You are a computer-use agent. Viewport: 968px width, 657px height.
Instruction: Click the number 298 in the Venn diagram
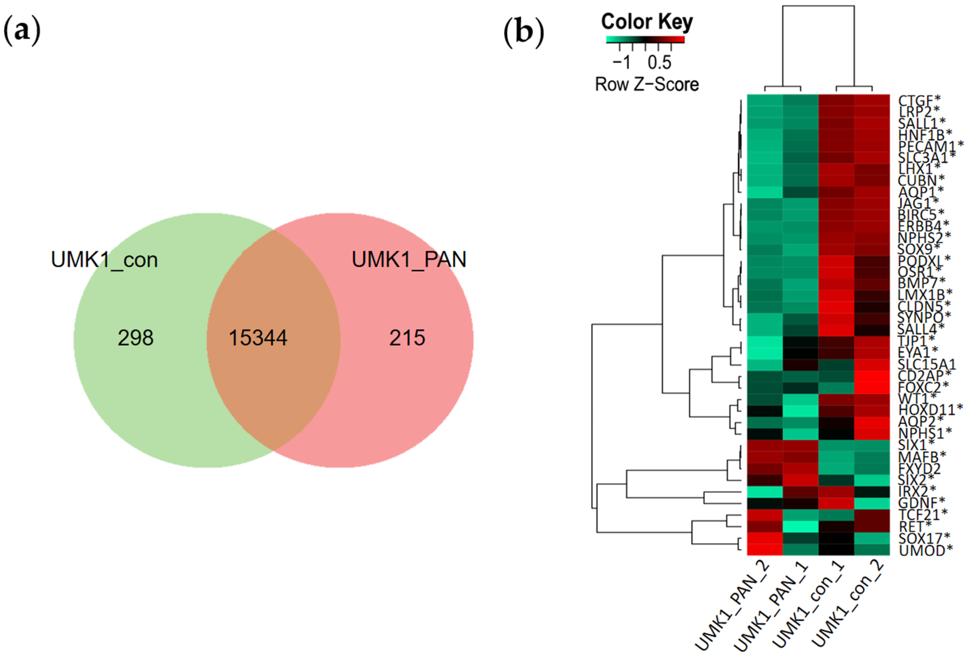pyautogui.click(x=135, y=338)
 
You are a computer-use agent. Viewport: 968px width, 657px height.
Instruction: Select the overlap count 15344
pyautogui.click(x=258, y=338)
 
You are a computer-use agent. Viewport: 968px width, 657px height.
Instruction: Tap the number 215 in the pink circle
pyautogui.click(x=407, y=338)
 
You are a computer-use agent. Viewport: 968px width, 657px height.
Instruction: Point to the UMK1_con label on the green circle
pyautogui.click(x=104, y=260)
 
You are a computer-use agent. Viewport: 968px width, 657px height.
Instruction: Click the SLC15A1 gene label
pyautogui.click(x=927, y=365)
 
